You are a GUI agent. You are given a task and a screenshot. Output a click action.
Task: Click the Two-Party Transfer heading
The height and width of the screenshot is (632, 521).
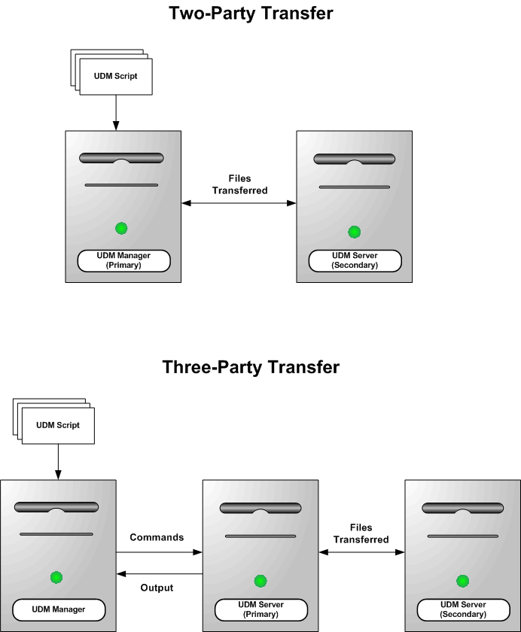click(251, 14)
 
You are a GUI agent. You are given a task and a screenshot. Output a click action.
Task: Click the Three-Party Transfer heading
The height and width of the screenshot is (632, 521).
click(251, 367)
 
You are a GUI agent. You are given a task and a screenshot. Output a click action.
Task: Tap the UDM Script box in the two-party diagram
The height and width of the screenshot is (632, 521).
click(116, 77)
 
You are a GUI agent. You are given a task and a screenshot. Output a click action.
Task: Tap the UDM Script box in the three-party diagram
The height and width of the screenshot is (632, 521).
click(58, 426)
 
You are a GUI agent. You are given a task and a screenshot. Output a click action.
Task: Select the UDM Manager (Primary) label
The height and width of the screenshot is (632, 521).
click(124, 260)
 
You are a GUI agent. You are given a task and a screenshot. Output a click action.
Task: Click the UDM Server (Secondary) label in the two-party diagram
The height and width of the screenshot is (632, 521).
click(355, 260)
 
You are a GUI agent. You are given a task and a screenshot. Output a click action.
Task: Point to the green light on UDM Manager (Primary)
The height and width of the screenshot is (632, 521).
click(121, 228)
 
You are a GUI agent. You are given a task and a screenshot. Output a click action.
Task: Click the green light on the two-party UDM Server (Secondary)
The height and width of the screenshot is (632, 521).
click(355, 232)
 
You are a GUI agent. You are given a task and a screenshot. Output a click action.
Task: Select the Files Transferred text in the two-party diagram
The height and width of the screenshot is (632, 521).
click(239, 184)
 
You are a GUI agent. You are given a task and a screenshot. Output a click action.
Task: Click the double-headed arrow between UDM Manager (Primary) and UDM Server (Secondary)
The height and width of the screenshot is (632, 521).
click(239, 203)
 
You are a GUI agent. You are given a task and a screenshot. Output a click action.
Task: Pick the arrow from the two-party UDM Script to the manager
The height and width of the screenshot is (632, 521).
click(116, 113)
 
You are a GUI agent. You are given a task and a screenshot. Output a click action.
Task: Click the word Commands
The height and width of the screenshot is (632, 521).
click(157, 537)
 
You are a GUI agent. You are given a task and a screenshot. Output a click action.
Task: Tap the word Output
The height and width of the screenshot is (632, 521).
click(157, 588)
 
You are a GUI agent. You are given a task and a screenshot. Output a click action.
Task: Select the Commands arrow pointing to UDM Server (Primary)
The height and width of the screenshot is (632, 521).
click(159, 551)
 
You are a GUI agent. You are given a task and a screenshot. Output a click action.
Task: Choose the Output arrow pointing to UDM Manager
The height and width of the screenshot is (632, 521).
click(159, 574)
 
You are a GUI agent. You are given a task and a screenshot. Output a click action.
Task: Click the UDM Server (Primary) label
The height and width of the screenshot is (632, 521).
click(260, 609)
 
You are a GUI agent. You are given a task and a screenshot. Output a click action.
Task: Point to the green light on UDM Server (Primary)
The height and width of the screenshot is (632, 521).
click(260, 581)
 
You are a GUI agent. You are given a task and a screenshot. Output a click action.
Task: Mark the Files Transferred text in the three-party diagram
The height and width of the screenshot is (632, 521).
click(361, 533)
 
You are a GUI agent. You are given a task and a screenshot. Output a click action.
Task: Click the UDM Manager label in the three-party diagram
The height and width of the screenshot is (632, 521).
click(59, 609)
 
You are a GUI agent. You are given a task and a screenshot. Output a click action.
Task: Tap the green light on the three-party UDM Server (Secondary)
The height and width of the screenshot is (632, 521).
click(462, 581)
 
